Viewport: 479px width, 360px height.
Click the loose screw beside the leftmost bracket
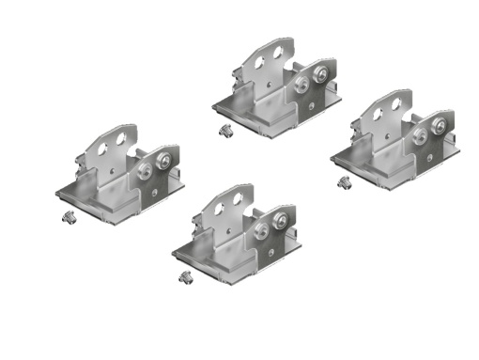(x=66, y=217)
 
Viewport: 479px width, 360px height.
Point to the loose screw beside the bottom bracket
(x=184, y=276)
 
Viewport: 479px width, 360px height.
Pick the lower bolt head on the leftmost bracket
(x=145, y=171)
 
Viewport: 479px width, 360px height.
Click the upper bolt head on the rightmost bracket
(x=438, y=122)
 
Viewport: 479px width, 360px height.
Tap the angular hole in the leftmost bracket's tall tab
(x=103, y=147)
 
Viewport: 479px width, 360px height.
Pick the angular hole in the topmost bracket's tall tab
(x=261, y=58)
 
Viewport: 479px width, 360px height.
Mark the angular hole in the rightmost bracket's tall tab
(x=378, y=111)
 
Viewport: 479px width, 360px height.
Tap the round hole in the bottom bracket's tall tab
(x=236, y=199)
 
